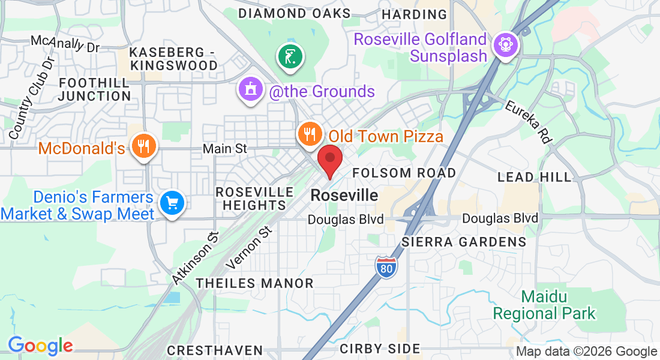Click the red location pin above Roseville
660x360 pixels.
click(x=329, y=159)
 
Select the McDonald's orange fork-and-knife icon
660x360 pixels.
click(x=143, y=146)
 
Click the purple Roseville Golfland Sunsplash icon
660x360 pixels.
click(x=505, y=44)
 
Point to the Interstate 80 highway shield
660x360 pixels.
click(x=386, y=266)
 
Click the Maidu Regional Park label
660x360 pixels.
click(x=544, y=305)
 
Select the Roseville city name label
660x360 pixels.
click(x=344, y=196)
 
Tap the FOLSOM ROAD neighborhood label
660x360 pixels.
click(x=404, y=173)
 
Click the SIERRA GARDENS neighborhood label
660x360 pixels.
click(x=464, y=242)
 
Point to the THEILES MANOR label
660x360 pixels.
click(x=255, y=283)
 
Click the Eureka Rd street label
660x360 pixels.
click(x=529, y=122)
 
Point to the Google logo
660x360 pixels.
click(x=40, y=346)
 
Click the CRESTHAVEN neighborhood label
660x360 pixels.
click(x=215, y=350)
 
